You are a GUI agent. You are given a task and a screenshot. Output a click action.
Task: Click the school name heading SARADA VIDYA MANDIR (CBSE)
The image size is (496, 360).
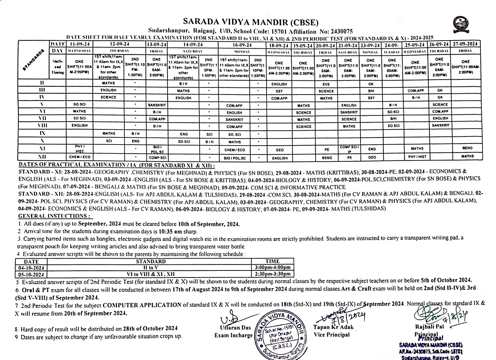click(x=250, y=22)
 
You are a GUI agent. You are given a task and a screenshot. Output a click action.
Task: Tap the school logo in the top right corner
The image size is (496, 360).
click(x=461, y=24)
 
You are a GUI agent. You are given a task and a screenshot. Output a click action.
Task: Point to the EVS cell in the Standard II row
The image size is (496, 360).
click(x=326, y=84)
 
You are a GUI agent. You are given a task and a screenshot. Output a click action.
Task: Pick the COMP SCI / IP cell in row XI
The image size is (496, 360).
click(x=349, y=149)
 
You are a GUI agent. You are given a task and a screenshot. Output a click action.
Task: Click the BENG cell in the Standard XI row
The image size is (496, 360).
click(x=467, y=148)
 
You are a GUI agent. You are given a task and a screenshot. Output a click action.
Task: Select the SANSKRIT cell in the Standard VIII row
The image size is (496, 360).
click(x=440, y=125)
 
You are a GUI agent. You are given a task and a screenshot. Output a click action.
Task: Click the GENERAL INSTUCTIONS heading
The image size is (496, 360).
click(x=54, y=216)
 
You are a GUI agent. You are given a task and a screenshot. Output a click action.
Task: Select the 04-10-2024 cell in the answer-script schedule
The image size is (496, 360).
click(x=31, y=268)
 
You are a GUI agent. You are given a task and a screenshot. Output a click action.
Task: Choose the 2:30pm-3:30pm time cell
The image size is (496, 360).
click(x=272, y=274)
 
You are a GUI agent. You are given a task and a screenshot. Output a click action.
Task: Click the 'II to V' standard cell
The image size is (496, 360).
click(x=150, y=268)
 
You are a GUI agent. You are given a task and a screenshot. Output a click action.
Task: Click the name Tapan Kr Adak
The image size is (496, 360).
click(x=333, y=327)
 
